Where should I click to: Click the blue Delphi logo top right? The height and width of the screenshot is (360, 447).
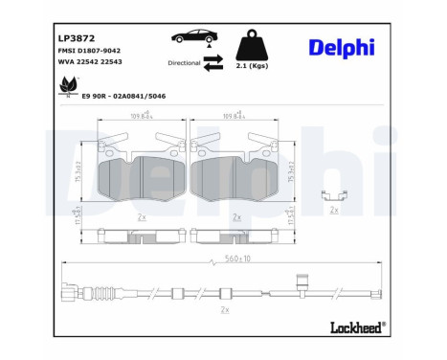[342, 48]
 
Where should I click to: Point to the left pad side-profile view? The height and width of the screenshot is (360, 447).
[142, 233]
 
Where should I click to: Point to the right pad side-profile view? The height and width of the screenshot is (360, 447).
[236, 233]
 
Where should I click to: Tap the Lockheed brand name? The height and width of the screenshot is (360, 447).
[355, 327]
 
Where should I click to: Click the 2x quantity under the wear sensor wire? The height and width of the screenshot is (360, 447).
[226, 310]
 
